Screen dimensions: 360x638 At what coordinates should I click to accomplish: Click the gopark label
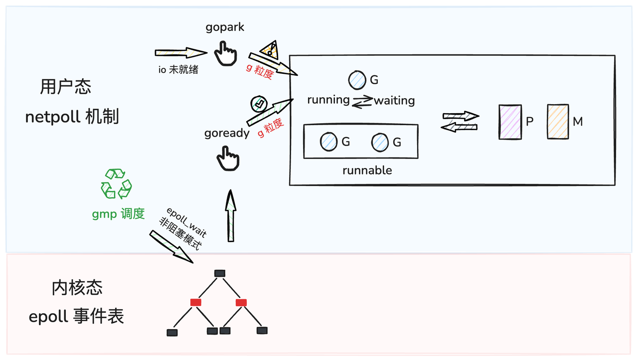(x=225, y=27)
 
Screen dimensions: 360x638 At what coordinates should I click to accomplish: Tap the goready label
(x=227, y=134)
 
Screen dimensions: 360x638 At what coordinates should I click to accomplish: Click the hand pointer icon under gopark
(x=226, y=53)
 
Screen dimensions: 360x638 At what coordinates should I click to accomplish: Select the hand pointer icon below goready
(x=227, y=159)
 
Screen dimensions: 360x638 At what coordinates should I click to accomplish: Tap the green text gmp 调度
(x=118, y=214)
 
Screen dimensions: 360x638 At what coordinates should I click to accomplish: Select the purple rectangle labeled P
(x=510, y=122)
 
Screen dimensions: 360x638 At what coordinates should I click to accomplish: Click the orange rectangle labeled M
(x=558, y=122)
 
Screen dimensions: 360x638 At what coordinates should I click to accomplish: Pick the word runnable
(x=367, y=171)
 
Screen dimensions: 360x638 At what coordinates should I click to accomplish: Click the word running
(x=328, y=100)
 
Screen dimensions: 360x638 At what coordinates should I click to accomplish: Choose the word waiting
(x=394, y=100)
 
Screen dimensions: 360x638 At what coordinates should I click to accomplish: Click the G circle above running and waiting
(x=356, y=80)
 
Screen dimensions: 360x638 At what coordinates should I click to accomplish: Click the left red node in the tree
(x=195, y=303)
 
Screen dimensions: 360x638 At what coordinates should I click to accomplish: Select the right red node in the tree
(x=241, y=303)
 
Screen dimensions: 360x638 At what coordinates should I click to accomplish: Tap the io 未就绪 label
(x=178, y=70)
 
